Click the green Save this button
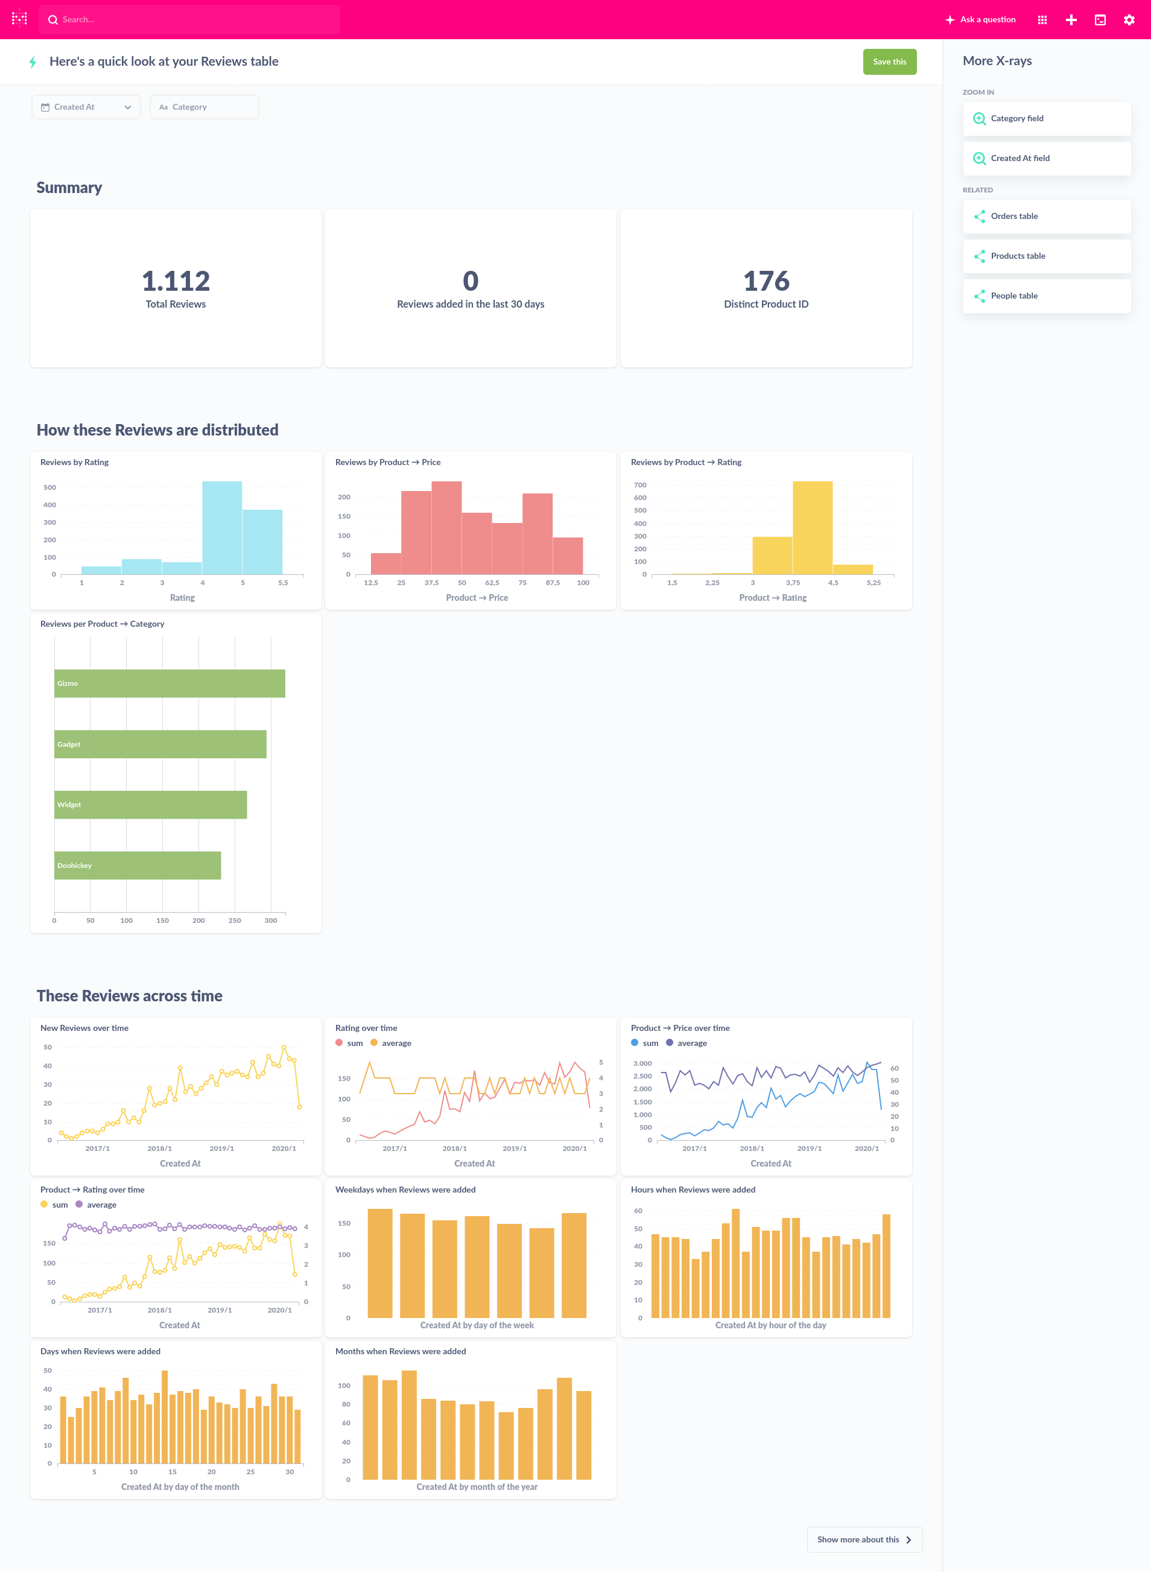pos(889,62)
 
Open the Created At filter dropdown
pos(86,107)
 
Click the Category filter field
pos(204,107)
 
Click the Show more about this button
pos(864,1539)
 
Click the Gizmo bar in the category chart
pos(170,683)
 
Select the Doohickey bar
pos(138,865)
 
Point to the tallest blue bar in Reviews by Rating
pos(222,527)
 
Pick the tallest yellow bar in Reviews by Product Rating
pos(813,527)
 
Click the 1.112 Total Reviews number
pos(176,281)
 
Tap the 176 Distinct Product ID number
pos(766,281)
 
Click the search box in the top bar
pos(189,19)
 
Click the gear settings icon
pos(1129,20)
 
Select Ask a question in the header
pos(980,19)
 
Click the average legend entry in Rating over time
pos(396,1042)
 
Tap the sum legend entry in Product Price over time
pos(649,1042)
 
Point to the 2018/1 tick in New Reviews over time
pos(159,1149)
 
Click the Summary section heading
pos(69,188)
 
